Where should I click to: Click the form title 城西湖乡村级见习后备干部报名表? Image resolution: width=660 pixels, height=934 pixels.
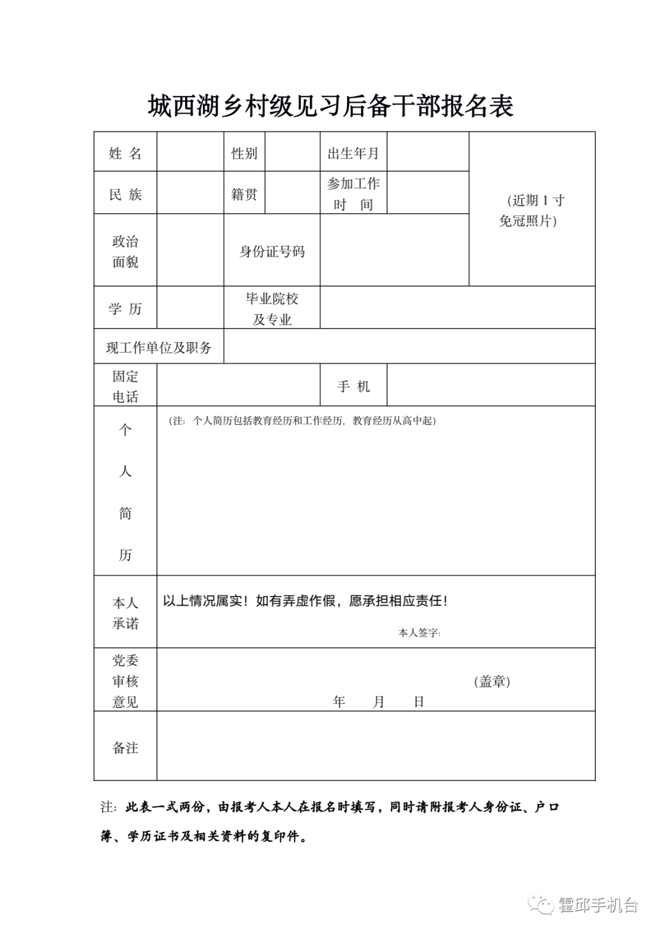tap(330, 106)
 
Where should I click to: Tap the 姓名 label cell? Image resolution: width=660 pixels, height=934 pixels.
tap(125, 153)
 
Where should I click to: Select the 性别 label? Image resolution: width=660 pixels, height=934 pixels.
tap(244, 153)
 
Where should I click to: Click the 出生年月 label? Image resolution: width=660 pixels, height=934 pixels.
tap(353, 153)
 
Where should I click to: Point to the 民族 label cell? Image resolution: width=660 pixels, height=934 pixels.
tap(125, 194)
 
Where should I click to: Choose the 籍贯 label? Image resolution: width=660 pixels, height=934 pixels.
tap(244, 194)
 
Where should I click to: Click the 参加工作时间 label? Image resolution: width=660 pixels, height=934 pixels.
tap(353, 194)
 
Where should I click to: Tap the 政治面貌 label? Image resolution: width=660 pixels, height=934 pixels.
tap(125, 251)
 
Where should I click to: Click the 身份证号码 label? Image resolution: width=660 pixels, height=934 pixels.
tap(272, 251)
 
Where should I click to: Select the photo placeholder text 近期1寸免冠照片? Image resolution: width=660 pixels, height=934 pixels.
tap(531, 210)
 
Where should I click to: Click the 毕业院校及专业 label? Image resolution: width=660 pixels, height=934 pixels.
tap(272, 309)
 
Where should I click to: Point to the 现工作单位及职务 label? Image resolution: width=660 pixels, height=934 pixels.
tap(159, 347)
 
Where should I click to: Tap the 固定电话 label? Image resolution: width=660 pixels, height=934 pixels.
tap(125, 386)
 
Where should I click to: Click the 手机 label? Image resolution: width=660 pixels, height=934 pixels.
tap(353, 386)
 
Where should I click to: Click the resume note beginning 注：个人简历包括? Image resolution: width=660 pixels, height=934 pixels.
tap(302, 421)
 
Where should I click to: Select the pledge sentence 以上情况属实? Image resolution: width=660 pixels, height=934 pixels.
tap(304, 601)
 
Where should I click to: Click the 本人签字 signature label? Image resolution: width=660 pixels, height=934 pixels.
tap(419, 633)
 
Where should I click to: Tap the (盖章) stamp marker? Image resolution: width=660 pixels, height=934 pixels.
tap(492, 682)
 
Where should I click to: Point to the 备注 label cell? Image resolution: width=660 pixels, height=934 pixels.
tap(125, 748)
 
